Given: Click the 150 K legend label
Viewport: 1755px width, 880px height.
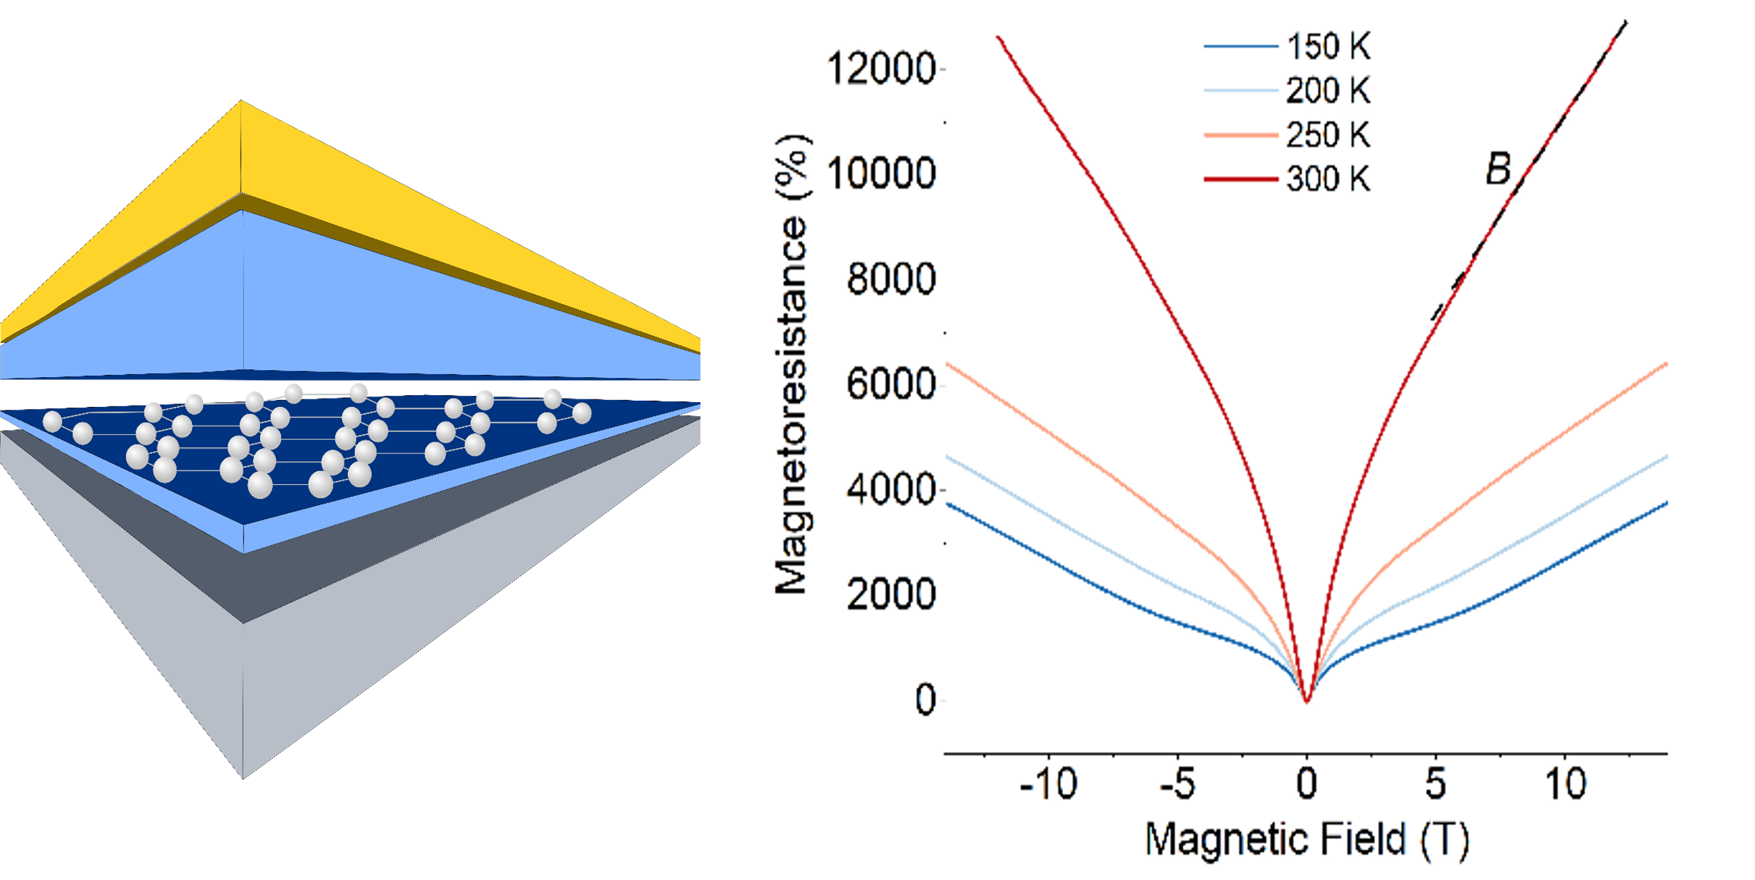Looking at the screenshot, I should click(1327, 47).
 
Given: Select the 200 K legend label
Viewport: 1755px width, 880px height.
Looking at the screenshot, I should click(1327, 90).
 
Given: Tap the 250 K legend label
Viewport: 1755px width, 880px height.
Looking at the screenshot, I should click(1327, 135).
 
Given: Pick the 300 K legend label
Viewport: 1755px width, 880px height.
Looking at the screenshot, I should click(1327, 179).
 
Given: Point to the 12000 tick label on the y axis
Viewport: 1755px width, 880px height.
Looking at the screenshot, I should click(880, 69).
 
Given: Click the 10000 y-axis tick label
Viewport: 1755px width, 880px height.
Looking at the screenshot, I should click(880, 173).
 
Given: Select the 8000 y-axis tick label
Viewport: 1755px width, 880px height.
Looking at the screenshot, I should click(890, 279).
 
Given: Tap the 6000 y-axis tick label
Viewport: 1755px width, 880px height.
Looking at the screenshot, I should click(890, 384).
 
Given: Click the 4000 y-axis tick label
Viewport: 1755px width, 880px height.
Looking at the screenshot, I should click(890, 489).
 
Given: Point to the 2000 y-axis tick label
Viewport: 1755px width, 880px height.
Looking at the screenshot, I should click(890, 594).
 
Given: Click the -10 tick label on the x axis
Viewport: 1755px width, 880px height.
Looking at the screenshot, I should click(1048, 784).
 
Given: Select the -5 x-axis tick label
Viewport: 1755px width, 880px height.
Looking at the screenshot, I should click(1178, 784).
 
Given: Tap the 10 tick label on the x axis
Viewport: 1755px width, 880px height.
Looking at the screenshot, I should click(1565, 784).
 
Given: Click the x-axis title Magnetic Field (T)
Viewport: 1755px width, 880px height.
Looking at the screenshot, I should click(1306, 839).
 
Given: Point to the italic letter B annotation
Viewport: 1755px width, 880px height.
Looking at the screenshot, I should click(1498, 169).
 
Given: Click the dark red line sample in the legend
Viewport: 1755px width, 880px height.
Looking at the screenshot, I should click(1240, 179).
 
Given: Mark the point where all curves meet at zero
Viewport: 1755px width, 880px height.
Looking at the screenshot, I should click(1307, 701).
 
